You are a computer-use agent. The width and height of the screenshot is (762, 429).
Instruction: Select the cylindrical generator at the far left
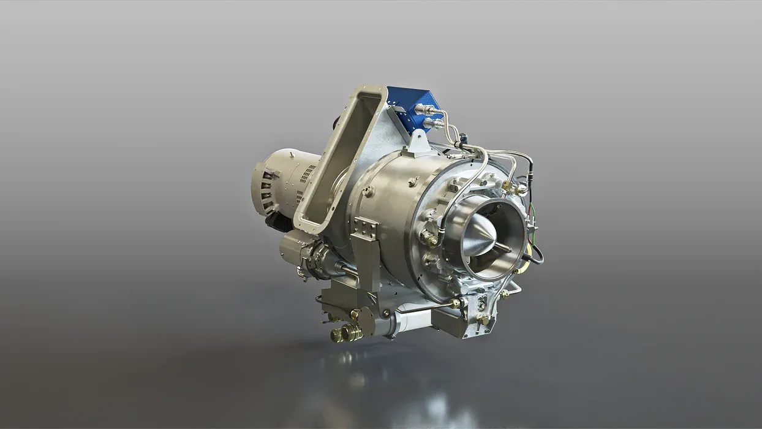tap(282, 181)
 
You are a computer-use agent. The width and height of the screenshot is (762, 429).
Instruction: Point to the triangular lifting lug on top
tap(419, 142)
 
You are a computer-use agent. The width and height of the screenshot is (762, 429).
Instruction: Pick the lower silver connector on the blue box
tap(432, 123)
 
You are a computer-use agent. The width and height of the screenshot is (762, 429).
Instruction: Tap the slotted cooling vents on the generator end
tap(265, 190)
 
